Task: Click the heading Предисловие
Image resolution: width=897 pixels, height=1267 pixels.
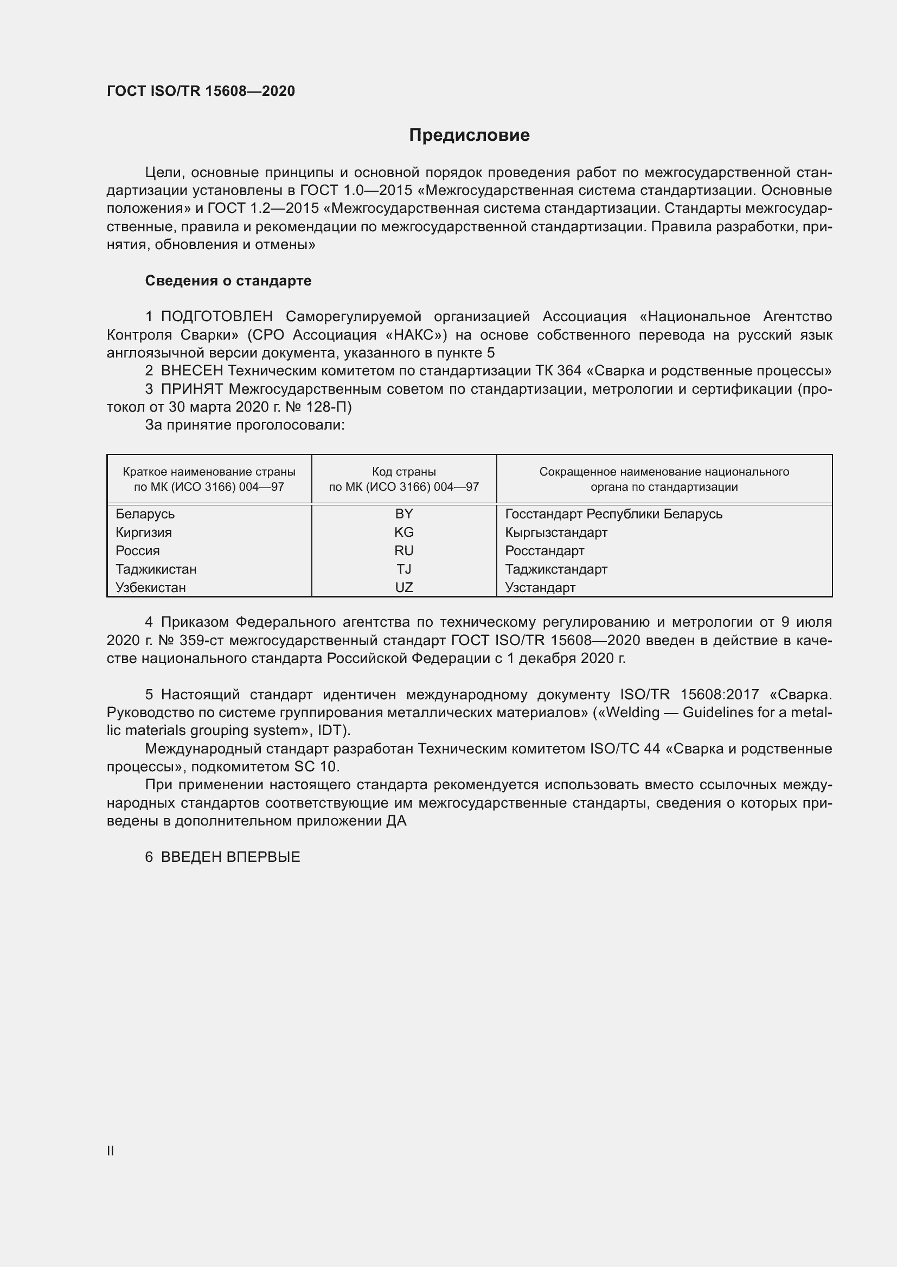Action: click(x=469, y=135)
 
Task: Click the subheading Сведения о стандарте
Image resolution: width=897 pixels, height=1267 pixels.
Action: click(x=228, y=281)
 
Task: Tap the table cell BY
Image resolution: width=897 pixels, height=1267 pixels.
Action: click(x=404, y=514)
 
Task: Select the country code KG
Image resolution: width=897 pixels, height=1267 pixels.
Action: click(x=404, y=532)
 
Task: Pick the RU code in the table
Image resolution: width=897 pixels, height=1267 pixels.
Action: click(x=404, y=551)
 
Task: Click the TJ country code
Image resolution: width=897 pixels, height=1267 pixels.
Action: click(x=404, y=569)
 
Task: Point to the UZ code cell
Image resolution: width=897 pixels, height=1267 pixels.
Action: click(x=404, y=588)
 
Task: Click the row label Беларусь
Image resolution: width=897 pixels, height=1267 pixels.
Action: click(x=145, y=514)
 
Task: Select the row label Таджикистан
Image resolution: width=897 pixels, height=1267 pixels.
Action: click(x=156, y=569)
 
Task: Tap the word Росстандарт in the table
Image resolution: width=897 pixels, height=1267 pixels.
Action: click(x=544, y=551)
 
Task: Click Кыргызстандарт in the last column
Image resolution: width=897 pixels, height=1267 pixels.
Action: click(x=556, y=532)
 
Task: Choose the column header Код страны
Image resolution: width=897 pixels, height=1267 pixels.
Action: click(x=404, y=472)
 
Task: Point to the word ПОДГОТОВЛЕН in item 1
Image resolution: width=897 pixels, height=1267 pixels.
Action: click(x=216, y=317)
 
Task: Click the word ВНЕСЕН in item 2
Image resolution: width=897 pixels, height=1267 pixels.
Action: click(x=192, y=371)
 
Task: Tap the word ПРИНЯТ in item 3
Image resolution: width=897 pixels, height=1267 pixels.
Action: click(x=192, y=389)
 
